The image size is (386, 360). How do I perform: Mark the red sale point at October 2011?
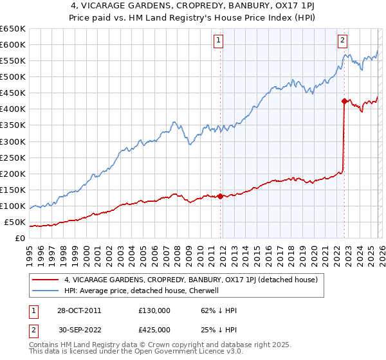click(221, 196)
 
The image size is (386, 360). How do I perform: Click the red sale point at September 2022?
click(344, 101)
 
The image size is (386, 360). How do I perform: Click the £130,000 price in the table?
click(154, 310)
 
